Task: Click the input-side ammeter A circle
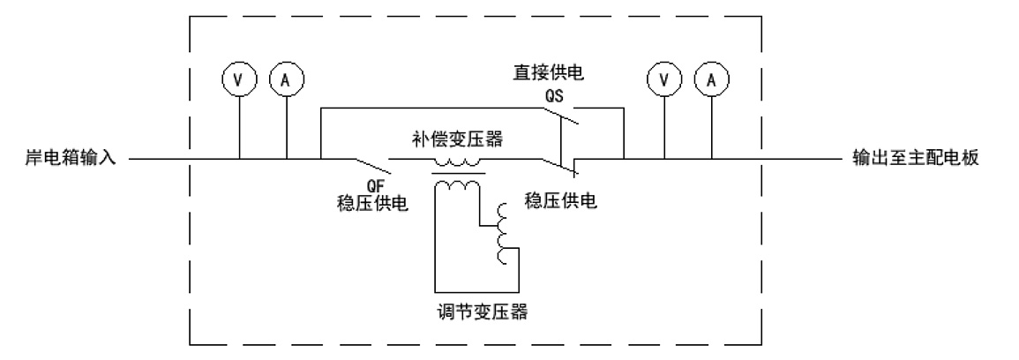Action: coord(285,79)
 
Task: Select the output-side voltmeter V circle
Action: coord(663,79)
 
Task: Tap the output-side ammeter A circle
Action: coord(710,79)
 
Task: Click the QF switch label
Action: coord(373,186)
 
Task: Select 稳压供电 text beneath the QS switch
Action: coord(561,200)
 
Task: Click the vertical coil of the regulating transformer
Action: coord(505,234)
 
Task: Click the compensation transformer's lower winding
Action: coord(457,184)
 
